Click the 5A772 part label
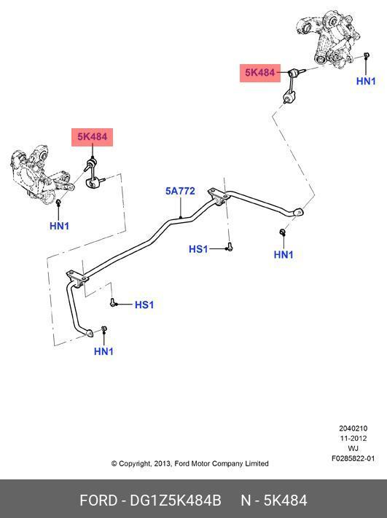pyautogui.click(x=180, y=191)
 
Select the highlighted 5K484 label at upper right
pyautogui.click(x=260, y=73)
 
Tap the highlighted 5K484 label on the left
pyautogui.click(x=93, y=137)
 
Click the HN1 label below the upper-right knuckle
pyautogui.click(x=366, y=81)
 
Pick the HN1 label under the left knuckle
pyautogui.click(x=60, y=226)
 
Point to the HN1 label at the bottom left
pyautogui.click(x=103, y=351)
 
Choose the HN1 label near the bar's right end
pyautogui.click(x=284, y=254)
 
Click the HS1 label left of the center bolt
pyautogui.click(x=199, y=248)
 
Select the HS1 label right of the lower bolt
pyautogui.click(x=144, y=305)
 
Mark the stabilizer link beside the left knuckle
pyautogui.click(x=93, y=174)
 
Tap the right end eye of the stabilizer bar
pyautogui.click(x=298, y=212)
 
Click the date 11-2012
pyautogui.click(x=353, y=439)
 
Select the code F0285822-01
pyautogui.click(x=353, y=458)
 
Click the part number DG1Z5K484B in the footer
pyautogui.click(x=176, y=501)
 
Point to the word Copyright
pyautogui.click(x=135, y=464)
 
